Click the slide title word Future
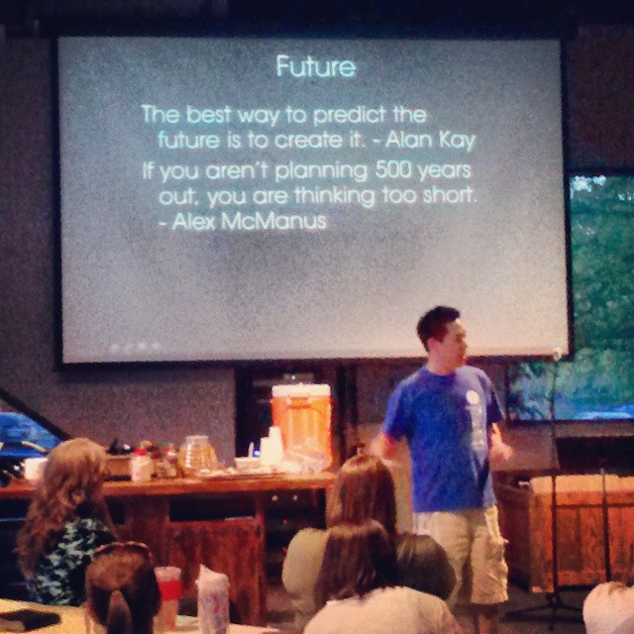tap(316, 66)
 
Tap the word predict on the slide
tap(349, 116)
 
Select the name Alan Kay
tap(430, 141)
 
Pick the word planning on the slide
tap(321, 172)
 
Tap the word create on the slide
tap(308, 141)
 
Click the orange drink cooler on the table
tap(301, 424)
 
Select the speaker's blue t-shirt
tap(444, 437)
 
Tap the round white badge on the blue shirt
tap(472, 397)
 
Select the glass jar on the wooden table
tap(197, 454)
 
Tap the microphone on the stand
tap(557, 355)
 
